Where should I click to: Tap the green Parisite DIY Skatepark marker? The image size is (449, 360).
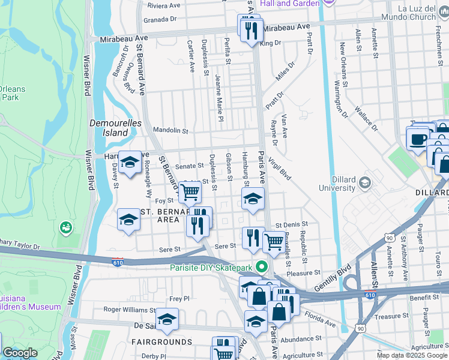pyautogui.click(x=261, y=268)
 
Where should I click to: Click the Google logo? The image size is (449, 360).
pyautogui.click(x=20, y=353)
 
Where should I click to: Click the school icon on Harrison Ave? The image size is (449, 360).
pyautogui.click(x=130, y=162)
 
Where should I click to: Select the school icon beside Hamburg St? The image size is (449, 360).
pyautogui.click(x=253, y=199)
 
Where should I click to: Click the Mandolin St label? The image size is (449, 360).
pyautogui.click(x=170, y=130)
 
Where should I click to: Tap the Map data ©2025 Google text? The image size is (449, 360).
pyautogui.click(x=411, y=355)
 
